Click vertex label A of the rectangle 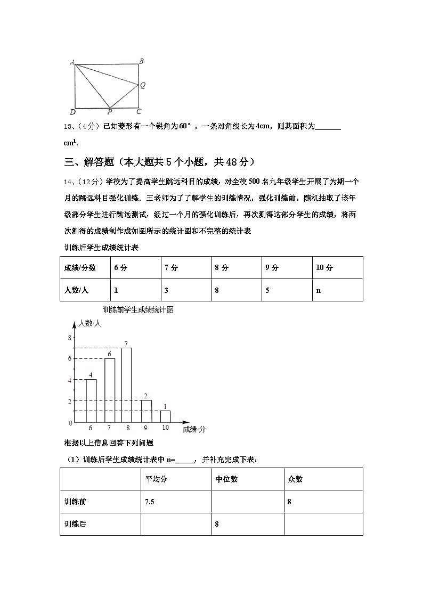pyautogui.click(x=71, y=62)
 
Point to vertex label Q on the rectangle pyautogui.click(x=143, y=85)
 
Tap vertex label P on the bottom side pyautogui.click(x=109, y=112)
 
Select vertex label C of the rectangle pyautogui.click(x=139, y=111)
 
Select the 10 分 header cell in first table pyautogui.click(x=337, y=268)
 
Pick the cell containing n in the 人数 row pyautogui.click(x=337, y=290)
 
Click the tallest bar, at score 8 pyautogui.click(x=126, y=385)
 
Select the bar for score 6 pyautogui.click(x=91, y=400)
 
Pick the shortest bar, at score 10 pyautogui.click(x=165, y=416)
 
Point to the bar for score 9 pyautogui.click(x=147, y=411)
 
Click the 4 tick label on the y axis pyautogui.click(x=70, y=380)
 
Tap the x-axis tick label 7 pyautogui.click(x=109, y=428)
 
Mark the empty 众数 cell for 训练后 pyautogui.click(x=323, y=524)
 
